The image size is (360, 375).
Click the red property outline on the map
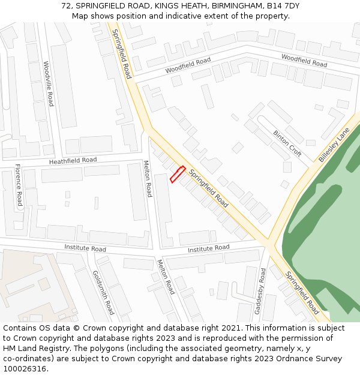[178, 174]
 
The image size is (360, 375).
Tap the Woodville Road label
[49, 83]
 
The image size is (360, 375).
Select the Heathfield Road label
[73, 161]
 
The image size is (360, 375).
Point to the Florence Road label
[19, 185]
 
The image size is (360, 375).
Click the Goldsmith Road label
[103, 292]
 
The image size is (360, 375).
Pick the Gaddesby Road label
[262, 290]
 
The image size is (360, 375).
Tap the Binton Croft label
[287, 143]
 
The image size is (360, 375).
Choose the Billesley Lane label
[334, 148]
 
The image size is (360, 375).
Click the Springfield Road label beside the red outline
[209, 188]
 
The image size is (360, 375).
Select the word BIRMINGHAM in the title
[232, 6]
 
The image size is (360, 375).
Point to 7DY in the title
[292, 6]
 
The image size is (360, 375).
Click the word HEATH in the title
[182, 6]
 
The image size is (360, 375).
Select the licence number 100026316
[26, 368]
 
